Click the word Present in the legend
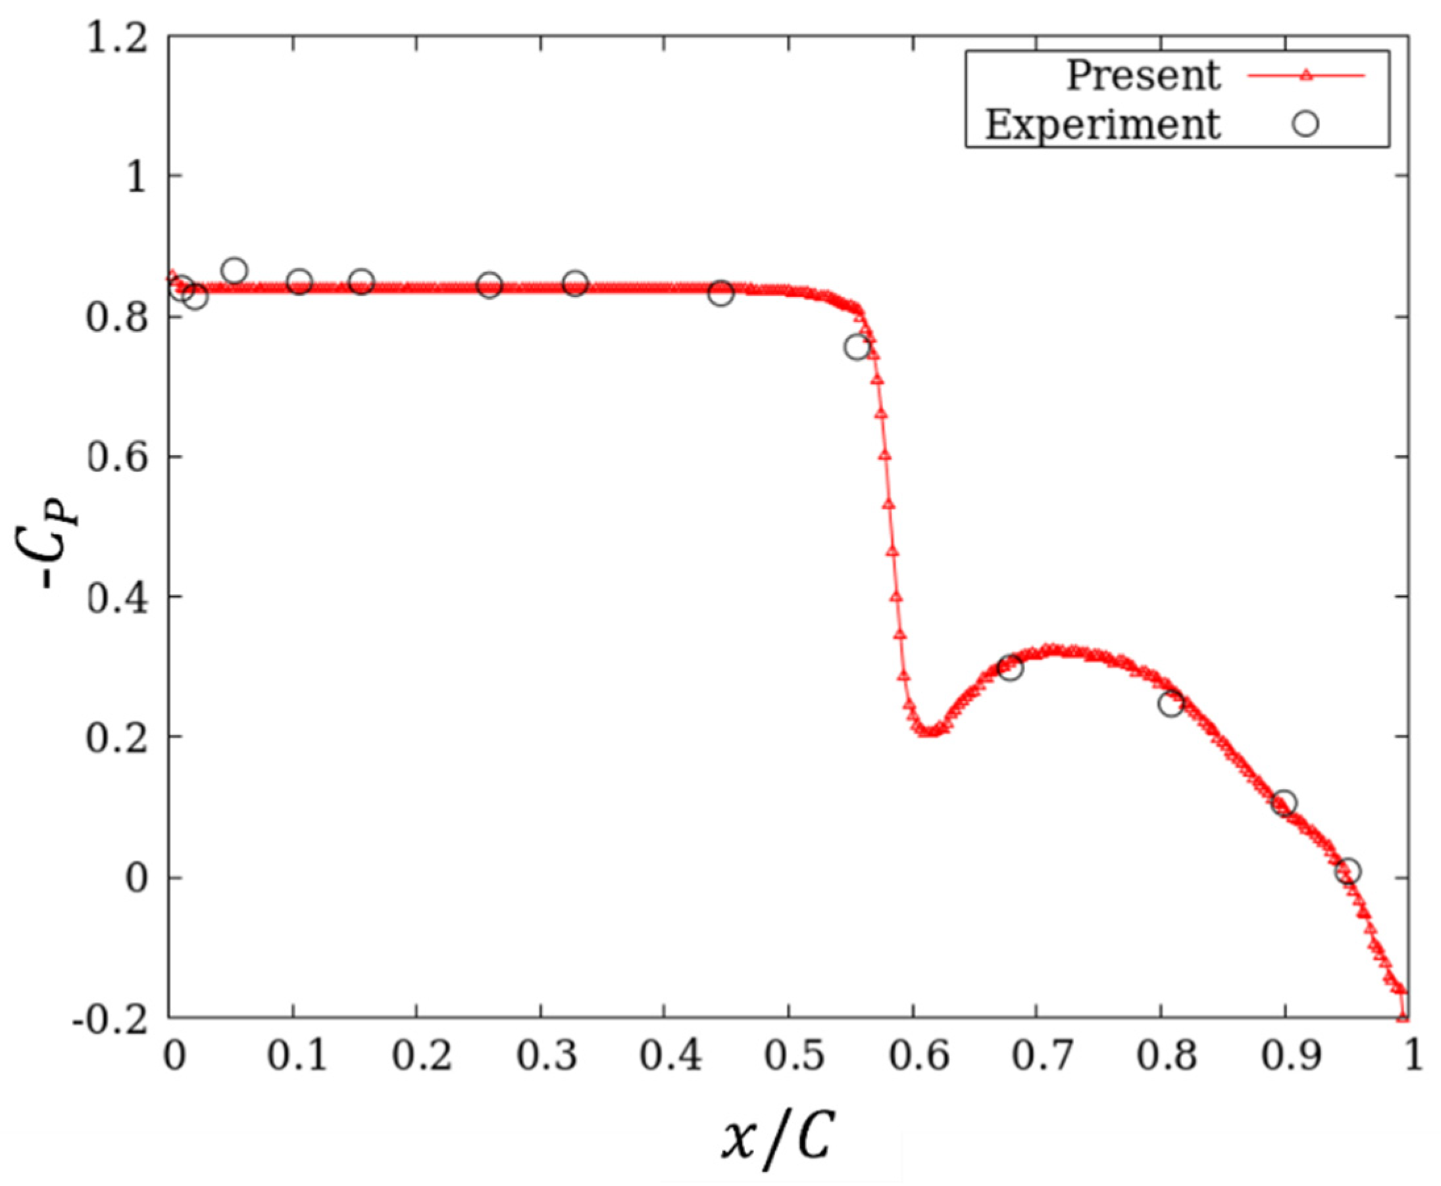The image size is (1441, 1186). pyautogui.click(x=1142, y=75)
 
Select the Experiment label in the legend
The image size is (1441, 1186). pyautogui.click(x=1102, y=124)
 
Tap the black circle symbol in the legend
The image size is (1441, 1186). pyautogui.click(x=1306, y=124)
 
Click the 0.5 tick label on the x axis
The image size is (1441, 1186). pyautogui.click(x=788, y=1058)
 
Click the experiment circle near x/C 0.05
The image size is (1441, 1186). pyautogui.click(x=234, y=272)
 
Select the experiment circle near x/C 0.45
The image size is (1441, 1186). pyautogui.click(x=721, y=293)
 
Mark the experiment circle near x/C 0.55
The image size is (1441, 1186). pyautogui.click(x=857, y=347)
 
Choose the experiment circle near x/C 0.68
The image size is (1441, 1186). pyautogui.click(x=1009, y=667)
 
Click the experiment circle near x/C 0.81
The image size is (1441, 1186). pyautogui.click(x=1171, y=703)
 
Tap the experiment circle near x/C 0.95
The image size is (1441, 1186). pyautogui.click(x=1348, y=872)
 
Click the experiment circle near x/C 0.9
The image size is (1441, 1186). pyautogui.click(x=1284, y=804)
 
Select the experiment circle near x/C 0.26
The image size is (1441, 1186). pyautogui.click(x=490, y=285)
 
